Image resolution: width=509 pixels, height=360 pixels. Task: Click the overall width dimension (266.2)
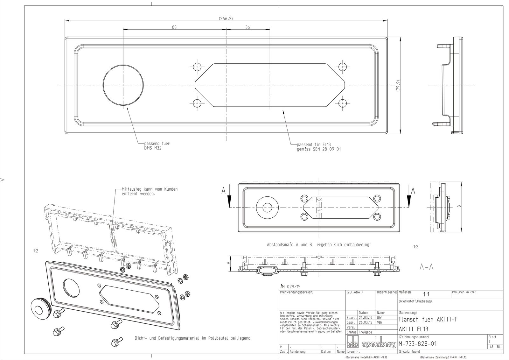point(226,18)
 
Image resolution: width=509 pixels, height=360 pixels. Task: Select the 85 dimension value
point(174,27)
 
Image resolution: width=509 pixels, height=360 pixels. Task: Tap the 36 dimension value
point(248,27)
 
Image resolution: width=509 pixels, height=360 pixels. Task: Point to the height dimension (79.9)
point(398,86)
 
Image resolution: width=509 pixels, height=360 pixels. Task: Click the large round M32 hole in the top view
point(123,85)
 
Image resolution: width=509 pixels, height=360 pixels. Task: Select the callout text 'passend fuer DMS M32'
point(157,146)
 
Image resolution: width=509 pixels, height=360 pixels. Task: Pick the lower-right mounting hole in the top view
point(342,103)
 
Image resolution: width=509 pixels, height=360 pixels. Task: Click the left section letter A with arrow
point(224,191)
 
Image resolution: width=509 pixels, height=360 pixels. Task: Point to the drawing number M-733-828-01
point(417,344)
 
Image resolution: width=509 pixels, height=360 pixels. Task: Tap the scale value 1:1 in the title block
point(426,295)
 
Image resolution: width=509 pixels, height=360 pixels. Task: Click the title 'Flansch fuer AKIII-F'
point(428,319)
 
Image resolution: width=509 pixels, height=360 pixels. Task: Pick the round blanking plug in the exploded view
point(39,308)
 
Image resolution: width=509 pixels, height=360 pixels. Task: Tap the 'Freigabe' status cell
point(365,332)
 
